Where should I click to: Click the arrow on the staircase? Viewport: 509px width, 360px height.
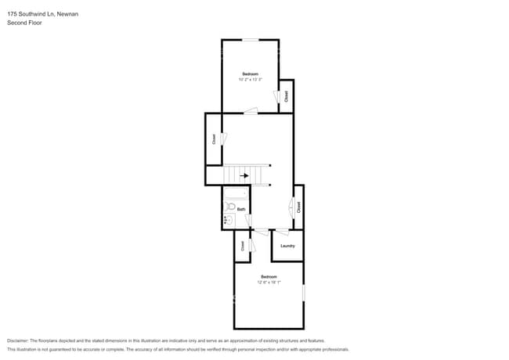(x=244, y=176)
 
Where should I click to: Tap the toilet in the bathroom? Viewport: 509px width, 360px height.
(x=231, y=207)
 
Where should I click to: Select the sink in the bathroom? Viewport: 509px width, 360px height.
(x=229, y=221)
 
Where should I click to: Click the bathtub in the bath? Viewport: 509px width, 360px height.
(x=236, y=193)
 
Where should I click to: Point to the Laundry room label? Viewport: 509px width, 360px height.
(x=287, y=246)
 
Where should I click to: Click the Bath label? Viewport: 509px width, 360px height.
(x=242, y=210)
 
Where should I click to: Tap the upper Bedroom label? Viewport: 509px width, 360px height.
(x=250, y=74)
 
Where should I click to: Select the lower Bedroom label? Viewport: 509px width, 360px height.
(x=269, y=277)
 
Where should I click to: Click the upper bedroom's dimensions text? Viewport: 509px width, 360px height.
(x=250, y=80)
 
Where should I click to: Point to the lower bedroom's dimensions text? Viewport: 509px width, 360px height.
(x=269, y=283)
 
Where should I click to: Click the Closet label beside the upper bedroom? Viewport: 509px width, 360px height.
(x=287, y=95)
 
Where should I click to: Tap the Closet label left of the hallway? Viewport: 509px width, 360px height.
(x=214, y=139)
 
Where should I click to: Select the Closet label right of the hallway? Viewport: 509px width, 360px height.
(x=298, y=207)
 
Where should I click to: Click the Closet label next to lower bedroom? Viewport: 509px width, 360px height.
(x=243, y=246)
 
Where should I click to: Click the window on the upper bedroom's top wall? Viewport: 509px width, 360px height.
(x=250, y=40)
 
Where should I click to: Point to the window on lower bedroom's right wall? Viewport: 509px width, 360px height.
(x=304, y=292)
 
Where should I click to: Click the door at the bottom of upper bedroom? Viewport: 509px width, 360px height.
(x=251, y=113)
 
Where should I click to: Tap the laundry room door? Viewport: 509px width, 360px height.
(x=280, y=232)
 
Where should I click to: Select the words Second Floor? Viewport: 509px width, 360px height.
(x=24, y=23)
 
